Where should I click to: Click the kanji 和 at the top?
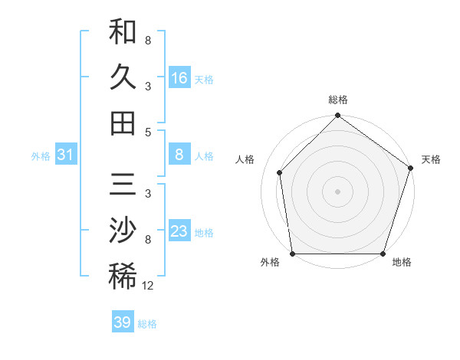click(x=123, y=33)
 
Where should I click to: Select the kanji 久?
click(x=123, y=77)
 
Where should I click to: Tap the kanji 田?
click(x=123, y=123)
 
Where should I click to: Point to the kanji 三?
click(x=123, y=187)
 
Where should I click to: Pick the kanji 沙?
click(x=123, y=231)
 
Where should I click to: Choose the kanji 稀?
click(x=123, y=277)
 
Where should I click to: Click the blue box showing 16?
click(x=179, y=78)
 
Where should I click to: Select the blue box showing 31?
click(x=66, y=155)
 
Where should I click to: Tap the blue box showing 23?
click(x=179, y=232)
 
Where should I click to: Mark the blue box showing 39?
click(x=123, y=322)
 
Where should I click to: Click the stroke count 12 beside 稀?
click(x=148, y=285)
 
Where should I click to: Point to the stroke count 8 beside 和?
click(x=147, y=41)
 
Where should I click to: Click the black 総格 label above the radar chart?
click(x=337, y=100)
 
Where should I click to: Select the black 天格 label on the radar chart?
click(x=431, y=159)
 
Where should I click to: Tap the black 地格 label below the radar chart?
click(x=402, y=263)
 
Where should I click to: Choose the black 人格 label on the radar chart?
click(x=245, y=159)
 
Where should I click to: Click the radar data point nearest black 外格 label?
click(x=292, y=254)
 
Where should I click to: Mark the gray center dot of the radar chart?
click(x=337, y=191)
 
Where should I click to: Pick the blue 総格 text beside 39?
click(x=147, y=323)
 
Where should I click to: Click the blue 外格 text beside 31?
click(x=41, y=156)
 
